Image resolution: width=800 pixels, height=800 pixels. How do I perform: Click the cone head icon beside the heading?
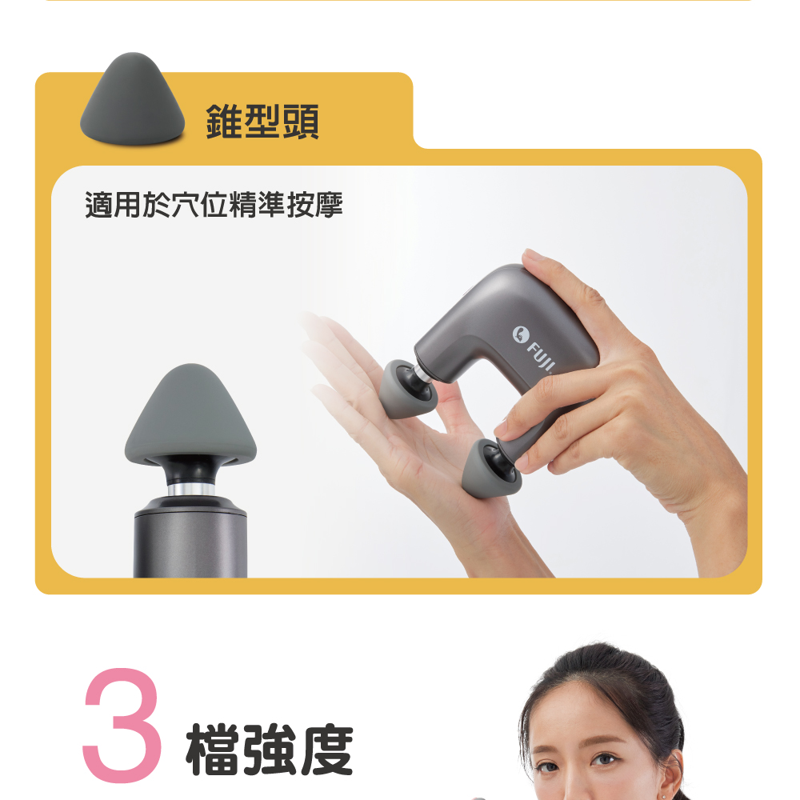pyautogui.click(x=132, y=99)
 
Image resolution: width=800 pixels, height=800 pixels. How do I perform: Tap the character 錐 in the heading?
pyautogui.click(x=225, y=122)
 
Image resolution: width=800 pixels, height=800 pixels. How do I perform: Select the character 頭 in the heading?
pyautogui.click(x=301, y=122)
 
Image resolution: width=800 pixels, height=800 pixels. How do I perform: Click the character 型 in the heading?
pyautogui.click(x=262, y=122)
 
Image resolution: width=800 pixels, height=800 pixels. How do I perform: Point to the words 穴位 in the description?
pyautogui.click(x=199, y=205)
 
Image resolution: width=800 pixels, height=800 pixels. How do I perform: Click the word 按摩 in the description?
pyautogui.click(x=314, y=205)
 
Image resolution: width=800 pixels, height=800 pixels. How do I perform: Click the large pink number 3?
pyautogui.click(x=122, y=726)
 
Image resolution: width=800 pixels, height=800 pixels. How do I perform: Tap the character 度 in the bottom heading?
pyautogui.click(x=327, y=749)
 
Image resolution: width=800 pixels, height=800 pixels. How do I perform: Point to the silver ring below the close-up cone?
pyautogui.click(x=191, y=490)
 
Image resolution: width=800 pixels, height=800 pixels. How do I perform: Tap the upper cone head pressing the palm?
pyautogui.click(x=406, y=390)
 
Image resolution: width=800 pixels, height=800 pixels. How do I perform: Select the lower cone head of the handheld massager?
pyautogui.click(x=490, y=468)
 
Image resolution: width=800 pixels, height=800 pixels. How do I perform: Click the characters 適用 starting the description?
pyautogui.click(x=113, y=205)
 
